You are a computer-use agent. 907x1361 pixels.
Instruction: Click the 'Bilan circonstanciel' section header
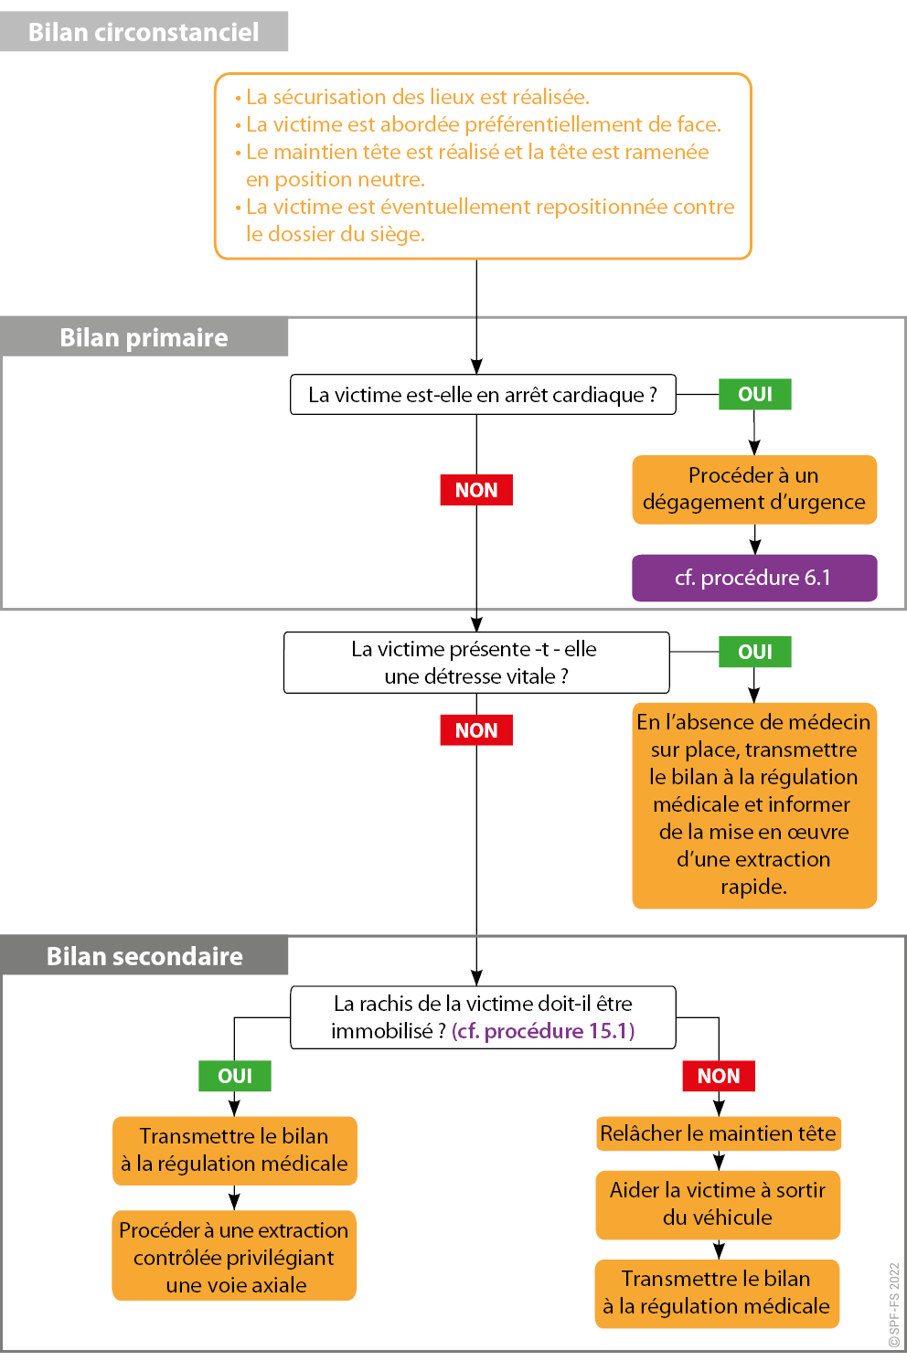tap(144, 32)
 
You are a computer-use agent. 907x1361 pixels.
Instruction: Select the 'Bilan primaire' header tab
tap(144, 337)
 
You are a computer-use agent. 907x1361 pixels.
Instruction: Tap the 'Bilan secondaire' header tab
tap(144, 956)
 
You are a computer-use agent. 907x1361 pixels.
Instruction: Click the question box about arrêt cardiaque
tap(483, 395)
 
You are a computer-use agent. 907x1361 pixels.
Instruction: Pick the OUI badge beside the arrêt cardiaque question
tap(755, 394)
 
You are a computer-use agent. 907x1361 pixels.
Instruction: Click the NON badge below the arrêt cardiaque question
tap(476, 490)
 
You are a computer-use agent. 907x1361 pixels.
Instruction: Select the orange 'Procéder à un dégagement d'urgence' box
tap(754, 489)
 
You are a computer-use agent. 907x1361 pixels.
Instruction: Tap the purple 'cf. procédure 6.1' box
tap(754, 578)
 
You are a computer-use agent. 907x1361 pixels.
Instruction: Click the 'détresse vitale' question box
tap(476, 663)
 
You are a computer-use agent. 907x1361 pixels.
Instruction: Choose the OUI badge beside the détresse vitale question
tap(755, 652)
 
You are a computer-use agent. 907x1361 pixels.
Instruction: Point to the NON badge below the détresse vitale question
tap(476, 730)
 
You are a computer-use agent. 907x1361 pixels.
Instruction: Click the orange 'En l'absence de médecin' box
tap(754, 804)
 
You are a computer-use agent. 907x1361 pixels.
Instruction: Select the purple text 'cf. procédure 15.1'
tap(543, 1031)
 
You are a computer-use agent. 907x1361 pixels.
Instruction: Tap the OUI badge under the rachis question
tap(235, 1076)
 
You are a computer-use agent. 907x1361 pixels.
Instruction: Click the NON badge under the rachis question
tap(719, 1076)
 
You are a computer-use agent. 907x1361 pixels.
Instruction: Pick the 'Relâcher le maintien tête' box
tap(718, 1133)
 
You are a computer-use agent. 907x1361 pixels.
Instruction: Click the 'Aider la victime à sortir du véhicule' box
tap(718, 1204)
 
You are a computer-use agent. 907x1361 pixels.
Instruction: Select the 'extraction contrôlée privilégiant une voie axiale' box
tap(234, 1257)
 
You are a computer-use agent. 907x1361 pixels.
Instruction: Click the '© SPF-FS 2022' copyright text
tap(894, 1304)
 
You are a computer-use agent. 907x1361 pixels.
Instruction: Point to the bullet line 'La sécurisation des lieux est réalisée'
tap(417, 97)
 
